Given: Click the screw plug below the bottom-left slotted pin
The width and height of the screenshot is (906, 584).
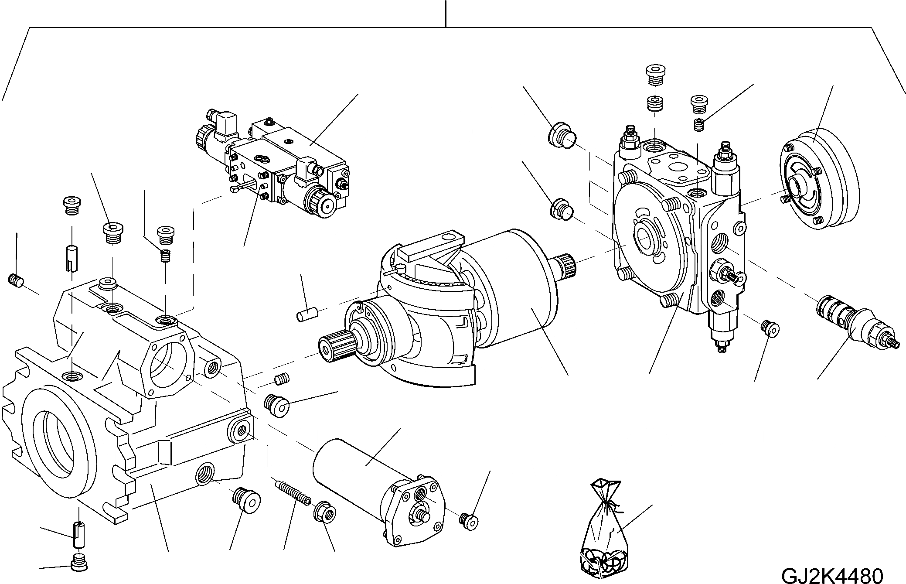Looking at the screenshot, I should (x=79, y=562).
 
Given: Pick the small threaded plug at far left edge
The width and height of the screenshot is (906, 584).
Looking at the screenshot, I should (x=15, y=281).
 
